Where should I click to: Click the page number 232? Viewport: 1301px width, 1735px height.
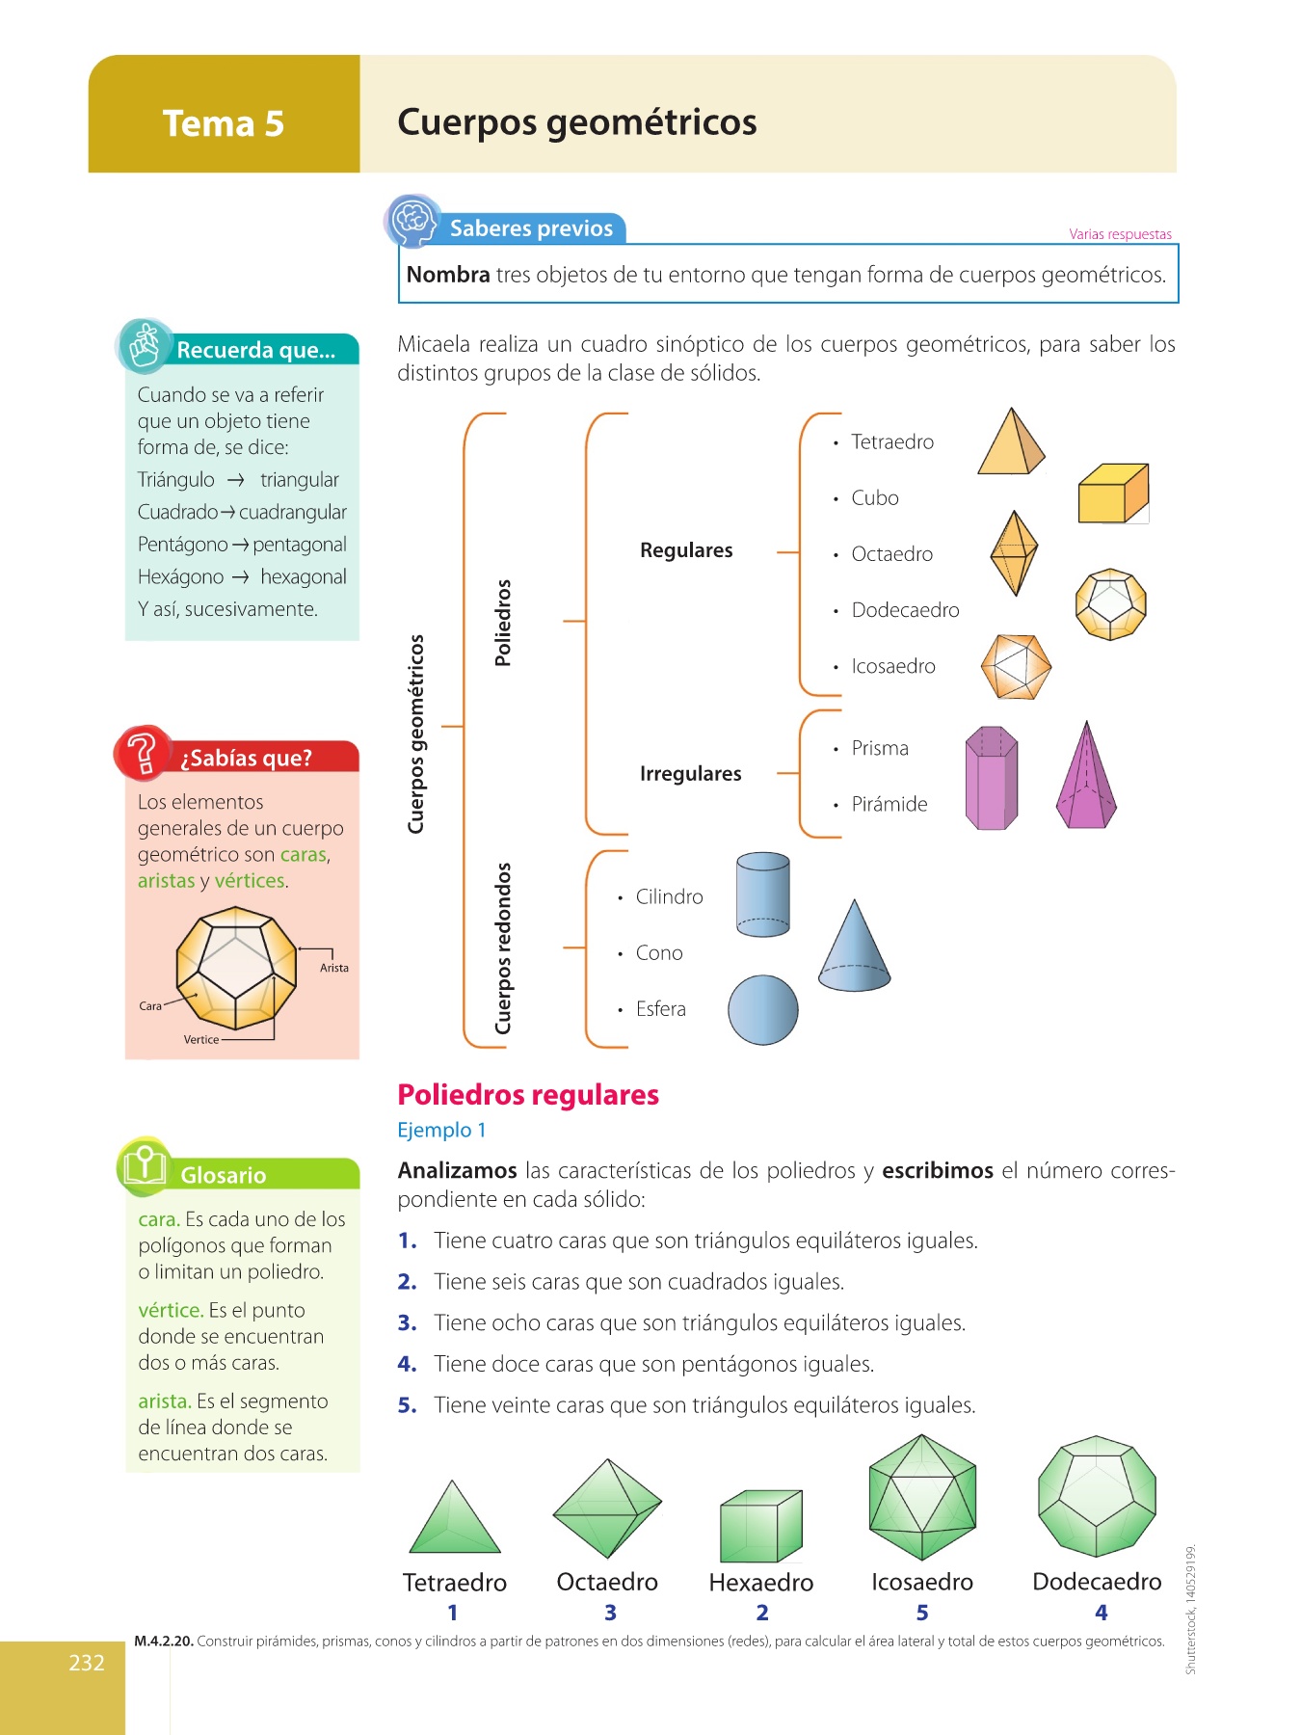86,1663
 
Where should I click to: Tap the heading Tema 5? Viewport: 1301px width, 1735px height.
224,124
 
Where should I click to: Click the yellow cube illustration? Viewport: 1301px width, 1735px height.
1113,494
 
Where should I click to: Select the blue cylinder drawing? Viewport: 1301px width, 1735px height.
762,894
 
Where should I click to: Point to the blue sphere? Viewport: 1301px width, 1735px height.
762,1009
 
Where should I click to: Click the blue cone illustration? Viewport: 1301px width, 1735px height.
854,949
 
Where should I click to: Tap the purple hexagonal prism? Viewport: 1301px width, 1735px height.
991,779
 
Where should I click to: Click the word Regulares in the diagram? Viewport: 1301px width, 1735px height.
686,550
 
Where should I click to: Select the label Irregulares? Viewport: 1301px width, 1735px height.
690,774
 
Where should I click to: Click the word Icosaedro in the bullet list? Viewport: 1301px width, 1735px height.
892,666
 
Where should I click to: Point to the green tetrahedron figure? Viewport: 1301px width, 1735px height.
454,1519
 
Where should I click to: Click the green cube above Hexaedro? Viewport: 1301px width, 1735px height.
760,1527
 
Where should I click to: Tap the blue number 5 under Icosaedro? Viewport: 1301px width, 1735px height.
922,1613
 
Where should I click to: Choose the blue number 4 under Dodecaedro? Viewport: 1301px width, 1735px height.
1101,1613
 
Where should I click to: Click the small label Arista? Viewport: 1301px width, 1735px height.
334,968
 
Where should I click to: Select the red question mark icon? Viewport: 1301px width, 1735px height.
143,752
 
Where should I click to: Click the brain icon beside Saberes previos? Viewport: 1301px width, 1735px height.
413,221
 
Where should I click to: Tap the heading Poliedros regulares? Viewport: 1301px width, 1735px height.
528,1095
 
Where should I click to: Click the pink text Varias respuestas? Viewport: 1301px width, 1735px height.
1120,234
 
